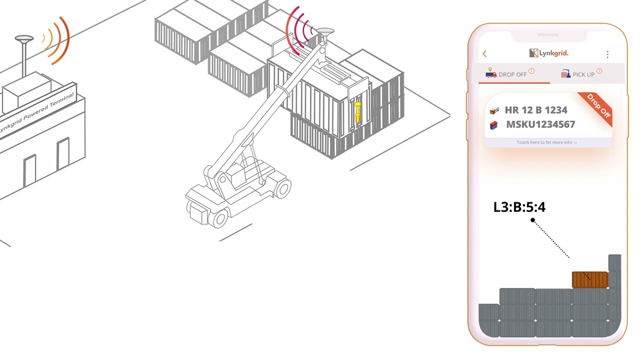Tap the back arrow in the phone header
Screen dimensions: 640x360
pyautogui.click(x=484, y=53)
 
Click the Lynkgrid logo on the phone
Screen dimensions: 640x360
pyautogui.click(x=548, y=53)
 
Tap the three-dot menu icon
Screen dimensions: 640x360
pyautogui.click(x=607, y=54)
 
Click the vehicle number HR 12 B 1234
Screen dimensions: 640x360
pyautogui.click(x=536, y=110)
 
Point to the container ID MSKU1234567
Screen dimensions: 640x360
pyautogui.click(x=540, y=124)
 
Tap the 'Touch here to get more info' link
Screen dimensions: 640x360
pyautogui.click(x=547, y=142)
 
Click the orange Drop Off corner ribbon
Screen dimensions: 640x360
pyautogui.click(x=597, y=107)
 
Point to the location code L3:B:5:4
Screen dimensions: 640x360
pyautogui.click(x=519, y=207)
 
